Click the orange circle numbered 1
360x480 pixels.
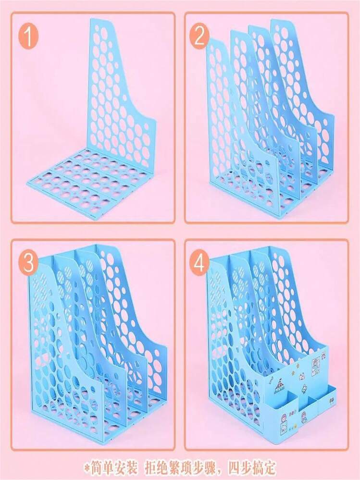pyautogui.click(x=29, y=37)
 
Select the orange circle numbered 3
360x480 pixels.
pyautogui.click(x=29, y=263)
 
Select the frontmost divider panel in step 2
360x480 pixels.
pyautogui.click(x=221, y=125)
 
